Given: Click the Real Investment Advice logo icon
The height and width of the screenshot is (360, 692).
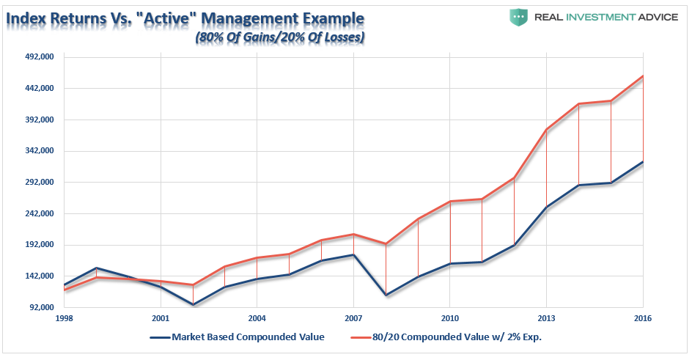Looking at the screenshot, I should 518,17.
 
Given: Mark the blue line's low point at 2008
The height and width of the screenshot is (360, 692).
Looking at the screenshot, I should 386,295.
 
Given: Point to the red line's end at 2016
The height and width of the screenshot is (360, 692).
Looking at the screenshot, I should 643,76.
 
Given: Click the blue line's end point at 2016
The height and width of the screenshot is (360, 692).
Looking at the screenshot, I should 643,161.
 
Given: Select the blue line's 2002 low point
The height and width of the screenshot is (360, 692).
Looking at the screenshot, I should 193,304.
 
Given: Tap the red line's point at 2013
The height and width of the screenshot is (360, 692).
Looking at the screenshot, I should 546,129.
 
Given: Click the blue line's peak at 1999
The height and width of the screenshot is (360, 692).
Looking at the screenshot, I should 97,268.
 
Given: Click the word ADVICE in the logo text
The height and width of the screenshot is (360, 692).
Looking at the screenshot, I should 657,17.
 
